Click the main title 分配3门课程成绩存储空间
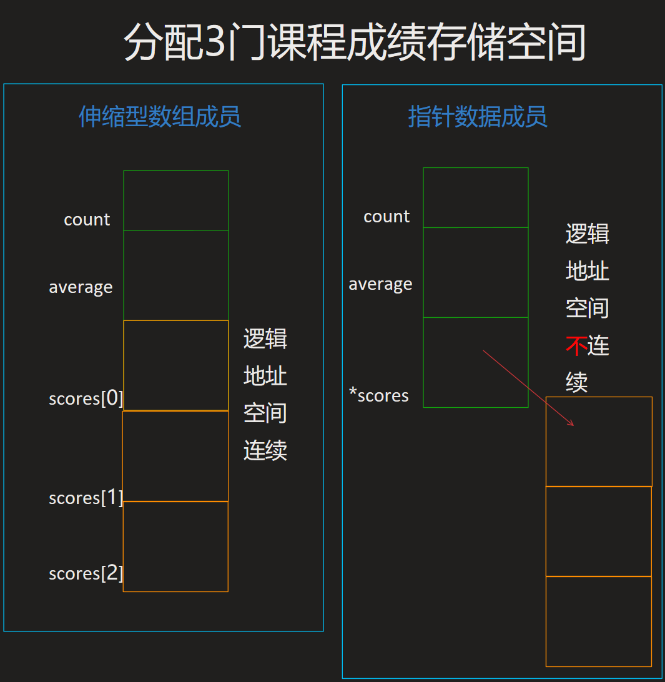coord(355,42)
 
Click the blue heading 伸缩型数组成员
coord(160,117)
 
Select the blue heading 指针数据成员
coord(478,117)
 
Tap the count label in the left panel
coord(87,220)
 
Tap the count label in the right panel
coord(387,217)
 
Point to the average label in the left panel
coord(81,287)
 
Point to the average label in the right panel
coord(380,284)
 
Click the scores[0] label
coord(86,398)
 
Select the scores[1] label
coord(86,498)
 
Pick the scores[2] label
coord(86,573)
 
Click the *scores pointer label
coord(379,395)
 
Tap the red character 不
coord(576,345)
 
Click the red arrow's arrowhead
coord(571,424)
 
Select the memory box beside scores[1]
coord(175,456)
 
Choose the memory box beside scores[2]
coord(175,546)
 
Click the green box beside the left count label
coord(176,200)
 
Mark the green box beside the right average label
coord(476,272)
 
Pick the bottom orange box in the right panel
coord(598,621)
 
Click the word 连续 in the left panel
coord(265,450)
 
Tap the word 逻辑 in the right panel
coord(587,234)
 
